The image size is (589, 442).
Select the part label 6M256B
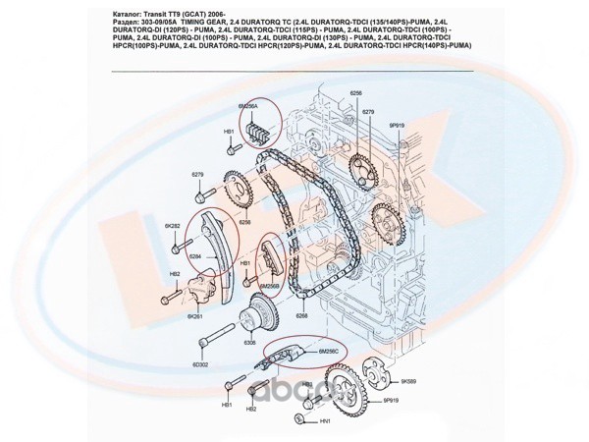pos(270,286)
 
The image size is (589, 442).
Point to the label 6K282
pos(173,227)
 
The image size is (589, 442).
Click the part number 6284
pos(195,256)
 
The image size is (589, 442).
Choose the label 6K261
pos(194,316)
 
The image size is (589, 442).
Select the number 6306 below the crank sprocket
pos(250,342)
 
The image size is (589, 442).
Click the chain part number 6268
pos(301,316)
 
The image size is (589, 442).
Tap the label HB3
pos(306,385)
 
